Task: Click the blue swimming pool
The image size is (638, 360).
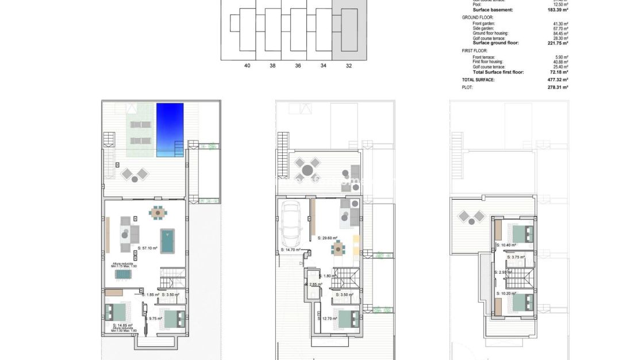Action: pos(170,129)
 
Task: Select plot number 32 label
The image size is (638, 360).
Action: pos(349,66)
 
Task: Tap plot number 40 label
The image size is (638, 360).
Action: pos(247,66)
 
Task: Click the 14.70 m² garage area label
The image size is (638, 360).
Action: pos(291,250)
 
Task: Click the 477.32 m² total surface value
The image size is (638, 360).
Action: pos(558,80)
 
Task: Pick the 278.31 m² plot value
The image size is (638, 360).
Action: pos(558,87)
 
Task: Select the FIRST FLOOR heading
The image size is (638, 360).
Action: pos(475,51)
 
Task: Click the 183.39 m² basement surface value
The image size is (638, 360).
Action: pos(558,10)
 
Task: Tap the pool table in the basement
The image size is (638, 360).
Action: pos(167,242)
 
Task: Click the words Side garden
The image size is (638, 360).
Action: pos(483,28)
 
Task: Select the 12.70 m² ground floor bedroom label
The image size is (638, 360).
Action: pos(328,318)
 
